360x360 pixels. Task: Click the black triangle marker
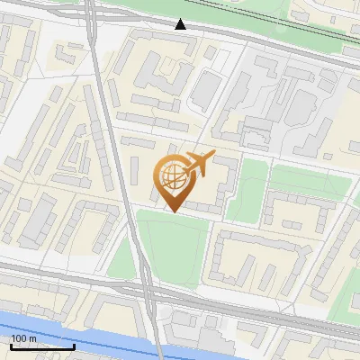tap(181, 24)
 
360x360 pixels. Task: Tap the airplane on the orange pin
tap(198, 165)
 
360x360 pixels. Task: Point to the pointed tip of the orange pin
tap(172, 211)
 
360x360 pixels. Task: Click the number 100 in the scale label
tap(20, 338)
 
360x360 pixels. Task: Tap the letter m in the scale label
tap(33, 338)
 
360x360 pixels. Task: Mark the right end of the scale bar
tap(74, 347)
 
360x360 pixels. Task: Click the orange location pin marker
tap(175, 180)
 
